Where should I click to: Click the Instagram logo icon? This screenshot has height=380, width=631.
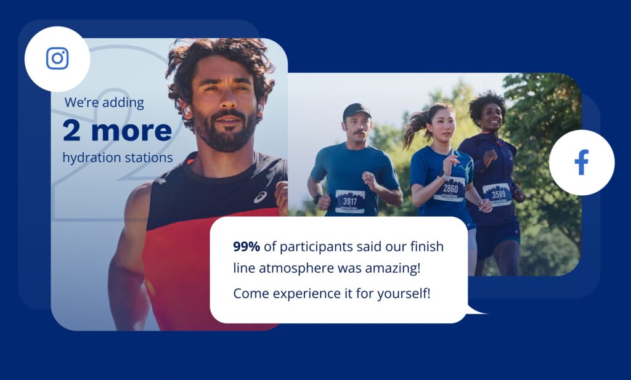[x=57, y=59]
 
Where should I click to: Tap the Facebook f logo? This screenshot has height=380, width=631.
[x=582, y=162]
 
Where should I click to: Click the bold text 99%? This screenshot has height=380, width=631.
[x=246, y=246]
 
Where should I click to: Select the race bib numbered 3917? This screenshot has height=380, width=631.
[x=350, y=202]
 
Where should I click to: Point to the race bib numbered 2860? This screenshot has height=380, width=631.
[x=450, y=189]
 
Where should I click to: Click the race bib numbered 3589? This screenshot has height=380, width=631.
[x=498, y=195]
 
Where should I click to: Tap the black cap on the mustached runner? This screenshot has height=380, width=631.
[x=356, y=111]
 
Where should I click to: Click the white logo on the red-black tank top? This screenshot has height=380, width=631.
[x=260, y=197]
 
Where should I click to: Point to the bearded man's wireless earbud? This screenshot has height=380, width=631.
[x=187, y=111]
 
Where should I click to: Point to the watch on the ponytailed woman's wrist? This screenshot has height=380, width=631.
[x=442, y=176]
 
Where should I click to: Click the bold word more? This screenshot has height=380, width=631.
[x=132, y=131]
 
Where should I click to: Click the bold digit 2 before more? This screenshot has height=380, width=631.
[x=71, y=131]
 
